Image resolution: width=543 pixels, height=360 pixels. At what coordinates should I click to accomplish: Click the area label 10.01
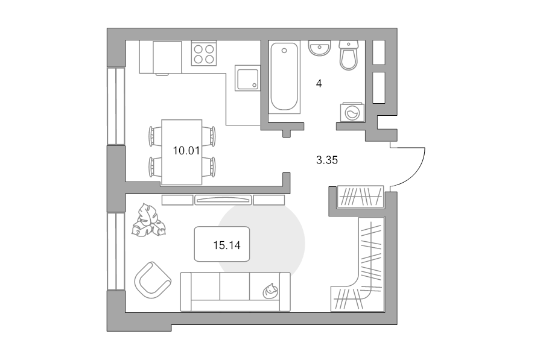tap(186, 151)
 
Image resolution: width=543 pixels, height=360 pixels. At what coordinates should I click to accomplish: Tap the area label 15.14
tap(227, 245)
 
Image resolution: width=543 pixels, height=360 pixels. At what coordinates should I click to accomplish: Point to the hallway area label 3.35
tap(327, 160)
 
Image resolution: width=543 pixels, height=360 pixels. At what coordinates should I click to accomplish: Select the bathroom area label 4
tap(319, 83)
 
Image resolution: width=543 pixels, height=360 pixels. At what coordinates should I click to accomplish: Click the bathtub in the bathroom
tap(284, 77)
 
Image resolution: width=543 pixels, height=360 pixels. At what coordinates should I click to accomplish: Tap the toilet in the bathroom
tap(348, 55)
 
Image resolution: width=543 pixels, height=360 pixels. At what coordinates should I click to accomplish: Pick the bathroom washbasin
tap(320, 48)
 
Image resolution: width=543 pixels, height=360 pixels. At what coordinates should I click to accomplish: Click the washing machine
tap(352, 112)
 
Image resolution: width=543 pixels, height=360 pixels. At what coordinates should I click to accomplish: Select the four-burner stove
tap(204, 53)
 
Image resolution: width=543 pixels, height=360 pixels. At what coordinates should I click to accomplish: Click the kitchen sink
tap(247, 78)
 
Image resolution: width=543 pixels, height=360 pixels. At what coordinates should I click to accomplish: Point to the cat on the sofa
tap(270, 291)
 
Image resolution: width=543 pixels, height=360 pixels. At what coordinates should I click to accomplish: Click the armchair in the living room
tap(153, 280)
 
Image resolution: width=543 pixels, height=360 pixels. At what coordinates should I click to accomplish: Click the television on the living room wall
tap(223, 200)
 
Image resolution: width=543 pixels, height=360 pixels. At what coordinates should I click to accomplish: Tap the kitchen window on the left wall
tap(116, 106)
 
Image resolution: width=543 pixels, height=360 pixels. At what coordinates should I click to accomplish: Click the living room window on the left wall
tap(116, 251)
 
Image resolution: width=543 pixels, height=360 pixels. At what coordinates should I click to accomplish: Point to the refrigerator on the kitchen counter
tap(167, 58)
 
